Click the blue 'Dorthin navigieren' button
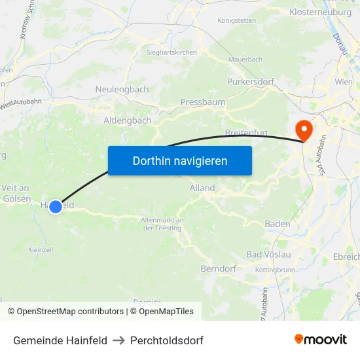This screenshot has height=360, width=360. (180, 160)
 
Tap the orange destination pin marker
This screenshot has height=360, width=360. (304, 130)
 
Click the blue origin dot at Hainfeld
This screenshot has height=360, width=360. (56, 206)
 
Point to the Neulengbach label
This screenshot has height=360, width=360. (122, 89)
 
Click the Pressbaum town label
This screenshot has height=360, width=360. (202, 102)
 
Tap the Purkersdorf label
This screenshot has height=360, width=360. (251, 82)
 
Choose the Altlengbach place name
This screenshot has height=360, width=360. (128, 120)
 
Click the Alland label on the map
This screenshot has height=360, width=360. (202, 188)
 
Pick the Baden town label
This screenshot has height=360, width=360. (278, 224)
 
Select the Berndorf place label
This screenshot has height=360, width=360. (218, 268)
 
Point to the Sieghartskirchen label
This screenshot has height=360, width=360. (171, 52)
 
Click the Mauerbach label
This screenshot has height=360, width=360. (245, 60)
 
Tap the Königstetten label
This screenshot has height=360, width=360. (236, 20)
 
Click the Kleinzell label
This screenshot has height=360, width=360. (41, 249)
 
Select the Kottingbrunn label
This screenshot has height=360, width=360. (275, 270)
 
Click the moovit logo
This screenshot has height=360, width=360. (321, 340)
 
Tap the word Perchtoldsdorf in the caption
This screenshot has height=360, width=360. (167, 340)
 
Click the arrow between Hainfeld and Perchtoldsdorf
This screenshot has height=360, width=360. (118, 340)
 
